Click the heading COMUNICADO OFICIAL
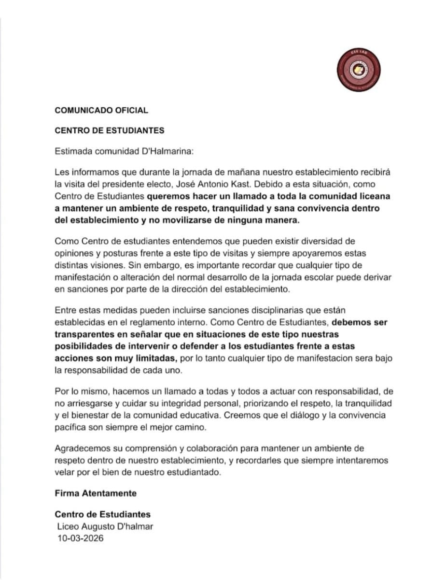tap(101, 110)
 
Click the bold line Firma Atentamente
tap(96, 493)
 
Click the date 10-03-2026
tap(81, 538)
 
